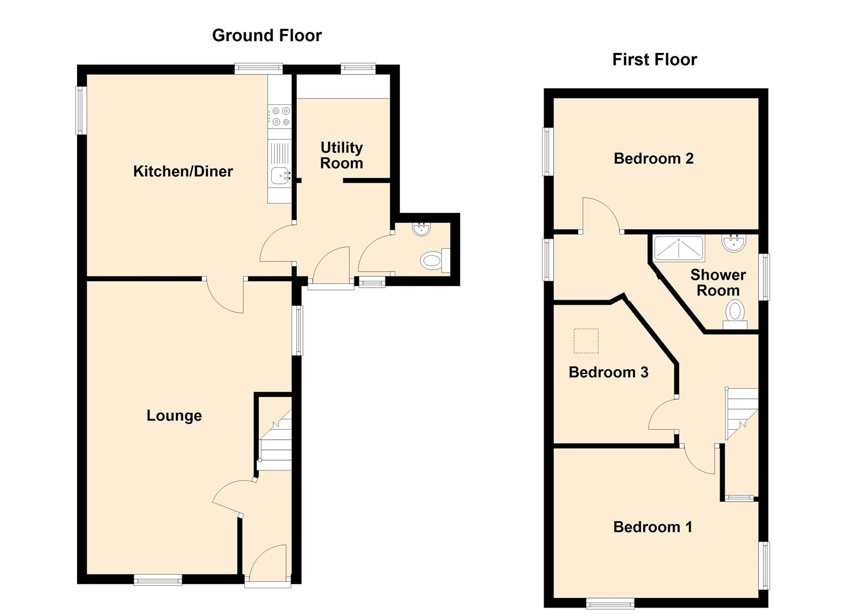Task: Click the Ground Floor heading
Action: point(267,35)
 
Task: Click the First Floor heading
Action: point(655,60)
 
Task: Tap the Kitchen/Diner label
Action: point(183,171)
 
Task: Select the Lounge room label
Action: point(174,416)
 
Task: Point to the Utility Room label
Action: point(342,155)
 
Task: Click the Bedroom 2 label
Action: point(653,158)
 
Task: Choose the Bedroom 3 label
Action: point(608,372)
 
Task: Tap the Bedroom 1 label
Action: point(653,527)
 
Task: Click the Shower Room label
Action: point(718,282)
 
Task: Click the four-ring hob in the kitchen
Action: point(280,116)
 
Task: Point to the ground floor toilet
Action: point(435,260)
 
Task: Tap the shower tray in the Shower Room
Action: point(679,248)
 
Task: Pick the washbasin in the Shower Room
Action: point(733,243)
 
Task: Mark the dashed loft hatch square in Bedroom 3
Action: point(586,341)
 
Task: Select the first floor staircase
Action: point(741,413)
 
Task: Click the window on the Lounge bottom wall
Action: point(158,580)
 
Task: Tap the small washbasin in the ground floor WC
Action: point(422,229)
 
